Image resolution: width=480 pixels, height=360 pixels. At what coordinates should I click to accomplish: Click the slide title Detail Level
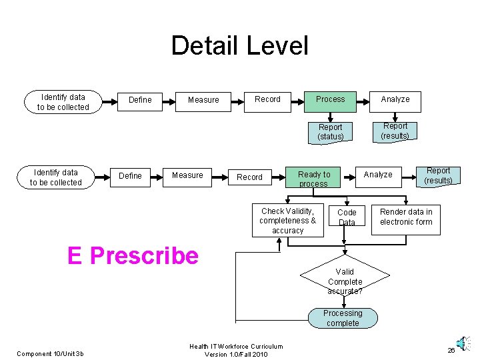click(239, 46)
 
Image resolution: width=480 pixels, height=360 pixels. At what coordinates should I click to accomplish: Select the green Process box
click(331, 99)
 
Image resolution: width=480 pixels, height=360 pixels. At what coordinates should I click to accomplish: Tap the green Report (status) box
click(331, 132)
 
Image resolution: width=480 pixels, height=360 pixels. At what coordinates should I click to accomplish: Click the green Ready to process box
click(313, 179)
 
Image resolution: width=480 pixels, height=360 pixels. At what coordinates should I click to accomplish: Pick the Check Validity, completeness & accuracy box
click(287, 221)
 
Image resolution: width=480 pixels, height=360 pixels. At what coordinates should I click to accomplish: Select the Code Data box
click(347, 217)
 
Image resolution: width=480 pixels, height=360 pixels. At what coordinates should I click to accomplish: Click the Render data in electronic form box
click(405, 217)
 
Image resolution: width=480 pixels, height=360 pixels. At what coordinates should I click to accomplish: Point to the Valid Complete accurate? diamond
click(345, 281)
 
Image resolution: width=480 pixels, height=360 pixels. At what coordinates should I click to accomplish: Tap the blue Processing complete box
click(343, 318)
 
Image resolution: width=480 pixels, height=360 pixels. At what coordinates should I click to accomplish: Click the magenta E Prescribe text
click(133, 255)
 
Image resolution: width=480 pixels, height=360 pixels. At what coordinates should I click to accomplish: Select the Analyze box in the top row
click(395, 99)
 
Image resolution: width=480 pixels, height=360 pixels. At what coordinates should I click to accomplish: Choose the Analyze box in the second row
click(377, 175)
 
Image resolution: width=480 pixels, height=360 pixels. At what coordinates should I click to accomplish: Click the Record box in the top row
click(267, 99)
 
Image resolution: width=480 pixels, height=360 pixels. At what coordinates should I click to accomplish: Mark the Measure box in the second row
click(187, 175)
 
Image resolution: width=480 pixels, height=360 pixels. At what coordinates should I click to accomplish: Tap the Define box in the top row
click(140, 100)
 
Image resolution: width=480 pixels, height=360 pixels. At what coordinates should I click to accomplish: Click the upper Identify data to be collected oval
click(63, 102)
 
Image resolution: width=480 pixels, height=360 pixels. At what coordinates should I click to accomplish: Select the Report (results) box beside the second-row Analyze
click(438, 175)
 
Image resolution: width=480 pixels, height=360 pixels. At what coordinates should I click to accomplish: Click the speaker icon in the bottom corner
click(459, 343)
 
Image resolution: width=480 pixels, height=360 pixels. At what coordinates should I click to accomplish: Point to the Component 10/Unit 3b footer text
click(50, 353)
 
